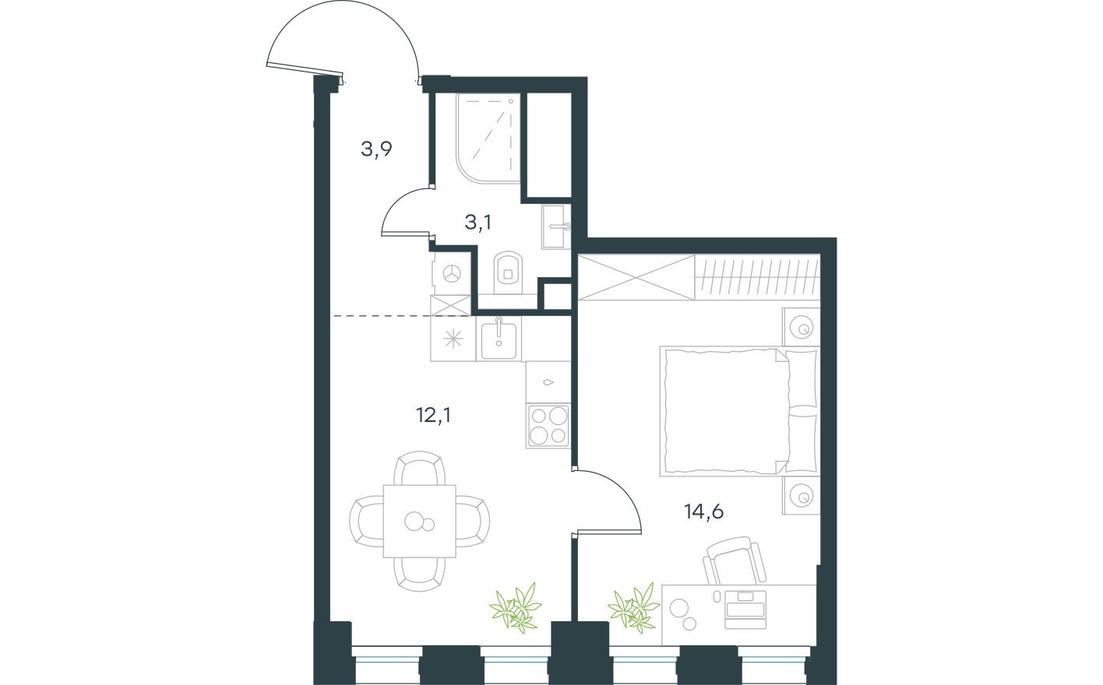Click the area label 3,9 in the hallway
pos(375,149)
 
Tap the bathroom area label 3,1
pos(477,223)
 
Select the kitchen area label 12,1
pos(434,415)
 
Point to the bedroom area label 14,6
pos(703,511)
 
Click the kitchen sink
pos(499,339)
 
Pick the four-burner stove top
pos(548,426)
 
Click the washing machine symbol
pos(451,273)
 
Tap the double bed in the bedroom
pos(724,410)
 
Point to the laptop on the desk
pos(745,609)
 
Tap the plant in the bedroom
pos(633,606)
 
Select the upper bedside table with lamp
pos(801,325)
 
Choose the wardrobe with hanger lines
pos(756,277)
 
